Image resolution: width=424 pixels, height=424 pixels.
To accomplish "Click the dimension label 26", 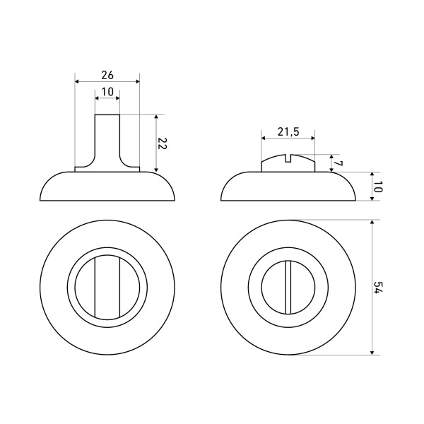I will pyautogui.click(x=107, y=74).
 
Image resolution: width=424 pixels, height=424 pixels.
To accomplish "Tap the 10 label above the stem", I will pyautogui.click(x=107, y=91).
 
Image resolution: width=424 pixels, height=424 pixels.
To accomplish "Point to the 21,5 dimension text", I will pyautogui.click(x=288, y=131).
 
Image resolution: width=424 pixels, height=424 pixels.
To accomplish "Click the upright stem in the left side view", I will pyautogui.click(x=107, y=141).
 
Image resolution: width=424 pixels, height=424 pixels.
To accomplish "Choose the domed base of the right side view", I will pyautogui.click(x=288, y=187).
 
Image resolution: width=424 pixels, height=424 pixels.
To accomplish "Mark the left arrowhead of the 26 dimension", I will pyautogui.click(x=78, y=81).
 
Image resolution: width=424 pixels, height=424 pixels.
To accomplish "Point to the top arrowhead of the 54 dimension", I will pyautogui.click(x=371, y=223).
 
